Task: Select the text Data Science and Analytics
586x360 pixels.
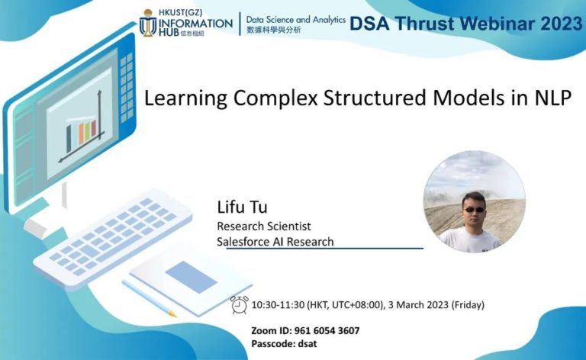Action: point(295,19)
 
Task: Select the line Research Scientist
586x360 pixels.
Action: point(263,226)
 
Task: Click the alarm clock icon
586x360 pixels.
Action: point(240,304)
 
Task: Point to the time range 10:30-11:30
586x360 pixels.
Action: point(278,305)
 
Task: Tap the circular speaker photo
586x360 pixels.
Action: point(473,201)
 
